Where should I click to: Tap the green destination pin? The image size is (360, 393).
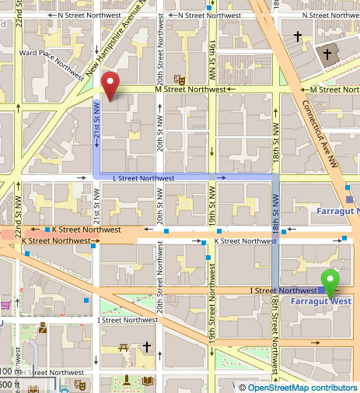pyautogui.click(x=332, y=282)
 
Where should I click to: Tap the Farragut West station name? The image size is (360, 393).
pyautogui.click(x=330, y=300)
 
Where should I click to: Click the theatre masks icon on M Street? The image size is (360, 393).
pyautogui.click(x=179, y=79)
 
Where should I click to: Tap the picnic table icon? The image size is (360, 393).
pyautogui.click(x=123, y=347)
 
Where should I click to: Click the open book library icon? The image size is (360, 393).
pyautogui.click(x=148, y=381)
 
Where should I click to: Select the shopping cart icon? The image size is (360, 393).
pyautogui.click(x=5, y=304)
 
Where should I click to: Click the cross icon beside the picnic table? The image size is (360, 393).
pyautogui.click(x=146, y=347)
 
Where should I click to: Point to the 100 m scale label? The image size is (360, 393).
pyautogui.click(x=9, y=371)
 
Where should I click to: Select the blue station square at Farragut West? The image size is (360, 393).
pyautogui.click(x=322, y=289)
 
